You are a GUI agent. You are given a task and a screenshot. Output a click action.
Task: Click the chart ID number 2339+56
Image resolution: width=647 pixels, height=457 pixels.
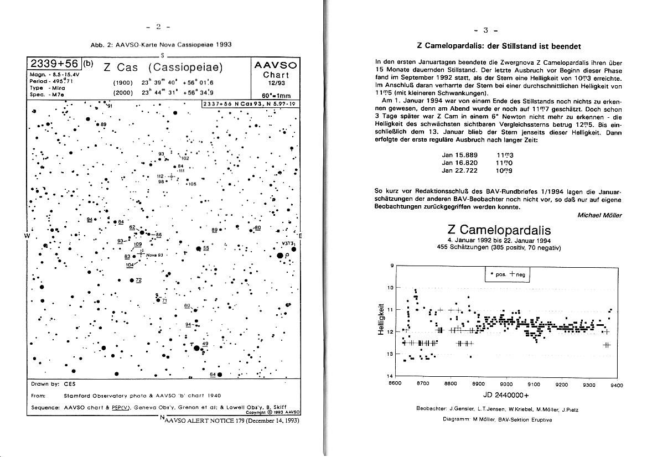coord(54,64)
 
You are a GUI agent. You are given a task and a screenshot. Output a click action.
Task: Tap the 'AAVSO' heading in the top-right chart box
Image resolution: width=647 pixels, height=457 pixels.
coord(275,65)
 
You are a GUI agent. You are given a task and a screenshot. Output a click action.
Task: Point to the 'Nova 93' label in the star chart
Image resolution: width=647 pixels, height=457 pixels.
coord(154,255)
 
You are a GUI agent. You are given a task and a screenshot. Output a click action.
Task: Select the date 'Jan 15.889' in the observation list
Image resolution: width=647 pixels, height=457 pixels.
coord(456,155)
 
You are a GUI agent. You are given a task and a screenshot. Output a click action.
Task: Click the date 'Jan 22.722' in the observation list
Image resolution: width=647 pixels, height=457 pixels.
coord(456,170)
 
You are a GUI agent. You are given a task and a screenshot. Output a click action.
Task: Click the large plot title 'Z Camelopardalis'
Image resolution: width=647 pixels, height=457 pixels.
coord(499,230)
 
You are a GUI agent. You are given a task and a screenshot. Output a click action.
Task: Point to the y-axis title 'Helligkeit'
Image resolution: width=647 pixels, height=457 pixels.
coord(381,320)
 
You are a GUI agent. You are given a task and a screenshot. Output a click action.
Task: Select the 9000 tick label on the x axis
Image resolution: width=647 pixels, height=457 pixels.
coord(506,385)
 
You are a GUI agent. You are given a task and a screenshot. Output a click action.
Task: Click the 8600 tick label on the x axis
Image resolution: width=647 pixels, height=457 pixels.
coord(395,385)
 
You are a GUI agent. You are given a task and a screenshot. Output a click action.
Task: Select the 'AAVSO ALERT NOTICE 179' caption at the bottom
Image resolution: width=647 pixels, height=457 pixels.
coord(232,420)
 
